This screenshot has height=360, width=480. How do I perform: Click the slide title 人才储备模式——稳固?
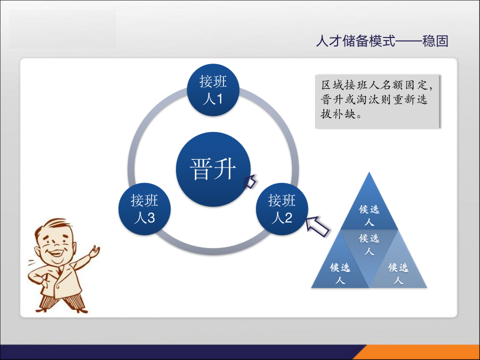click(x=382, y=41)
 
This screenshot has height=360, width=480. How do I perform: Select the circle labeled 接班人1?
click(x=213, y=90)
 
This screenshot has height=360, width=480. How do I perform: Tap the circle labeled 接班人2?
click(x=282, y=209)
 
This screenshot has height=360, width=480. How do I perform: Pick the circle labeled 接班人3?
click(x=144, y=209)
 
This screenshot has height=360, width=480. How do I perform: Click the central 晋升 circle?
click(x=213, y=168)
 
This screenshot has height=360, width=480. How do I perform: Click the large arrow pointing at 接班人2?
click(x=318, y=226)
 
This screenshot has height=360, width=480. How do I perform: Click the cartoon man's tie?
click(x=59, y=270)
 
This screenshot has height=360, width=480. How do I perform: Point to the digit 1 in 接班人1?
click(x=219, y=98)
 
